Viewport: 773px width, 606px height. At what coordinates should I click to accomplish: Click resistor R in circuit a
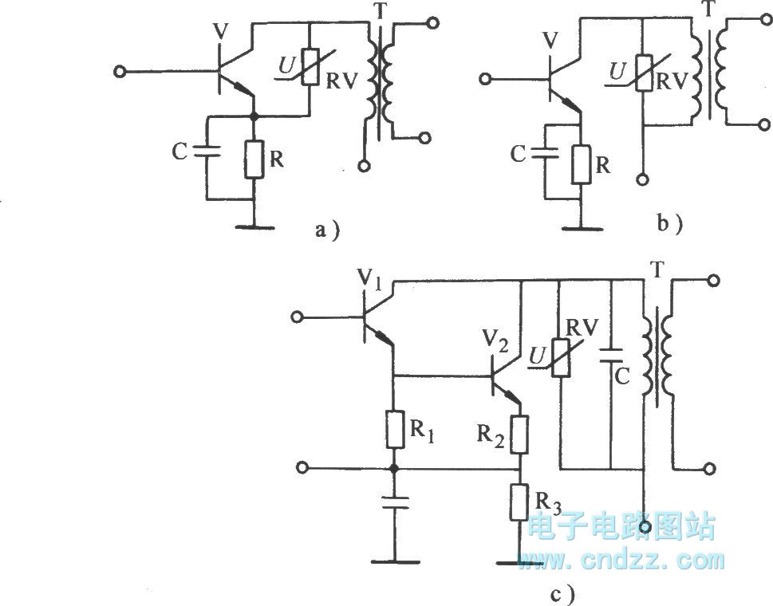[x=254, y=159]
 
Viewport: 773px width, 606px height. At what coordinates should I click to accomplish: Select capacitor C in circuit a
[x=205, y=151]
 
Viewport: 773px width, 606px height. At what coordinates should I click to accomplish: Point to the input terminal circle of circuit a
[x=120, y=72]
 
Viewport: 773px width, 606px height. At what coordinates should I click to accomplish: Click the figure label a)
[x=326, y=231]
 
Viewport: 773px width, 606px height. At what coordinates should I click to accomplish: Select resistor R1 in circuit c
[x=392, y=431]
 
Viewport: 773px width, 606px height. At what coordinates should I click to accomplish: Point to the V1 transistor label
[x=368, y=280]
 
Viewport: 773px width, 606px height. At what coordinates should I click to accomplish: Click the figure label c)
[x=554, y=593]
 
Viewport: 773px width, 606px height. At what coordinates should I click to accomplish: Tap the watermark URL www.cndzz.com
[x=621, y=561]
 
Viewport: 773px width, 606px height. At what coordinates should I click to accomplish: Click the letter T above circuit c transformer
[x=657, y=271]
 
